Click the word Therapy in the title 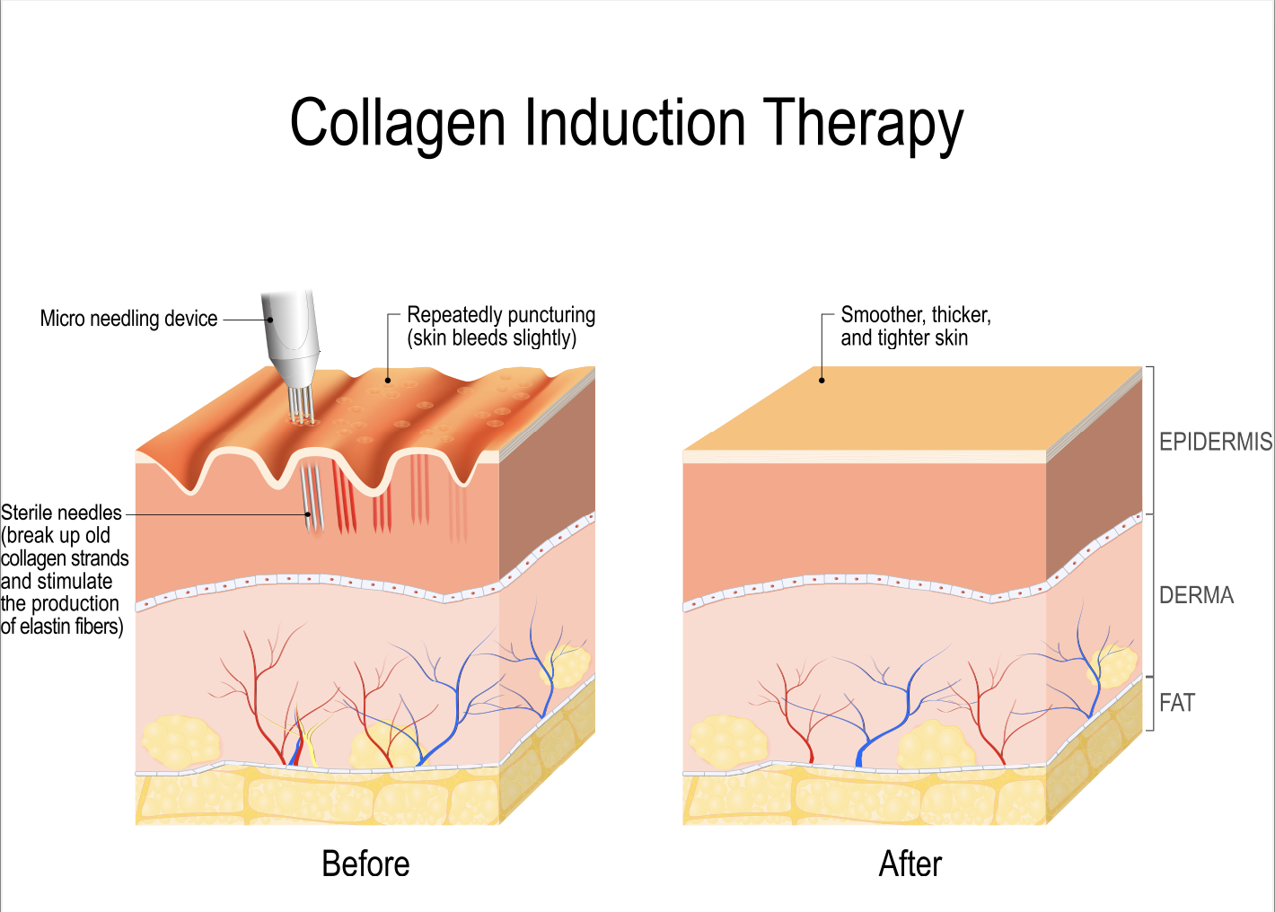pyautogui.click(x=863, y=124)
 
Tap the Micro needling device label pyautogui.click(x=128, y=319)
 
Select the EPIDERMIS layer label pyautogui.click(x=1215, y=442)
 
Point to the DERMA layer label pyautogui.click(x=1197, y=595)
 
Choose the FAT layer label pyautogui.click(x=1176, y=703)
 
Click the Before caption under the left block pyautogui.click(x=365, y=864)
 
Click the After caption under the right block pyautogui.click(x=910, y=864)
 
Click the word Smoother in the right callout pyautogui.click(x=883, y=314)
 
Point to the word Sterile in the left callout pyautogui.click(x=29, y=513)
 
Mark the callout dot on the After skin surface pyautogui.click(x=822, y=380)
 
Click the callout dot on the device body pyautogui.click(x=270, y=320)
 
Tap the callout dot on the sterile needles pyautogui.click(x=309, y=514)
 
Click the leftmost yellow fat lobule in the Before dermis pyautogui.click(x=180, y=741)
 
